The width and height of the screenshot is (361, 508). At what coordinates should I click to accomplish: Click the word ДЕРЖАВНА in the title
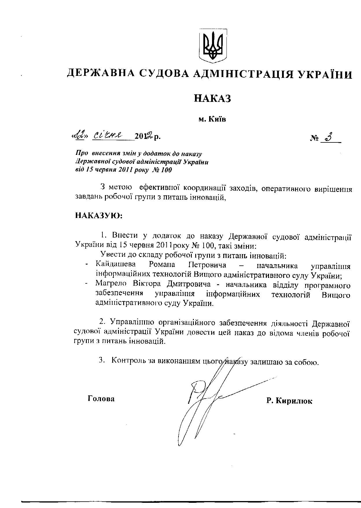pos(100,74)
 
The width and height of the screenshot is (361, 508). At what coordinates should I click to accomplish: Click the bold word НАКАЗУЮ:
pos(99,216)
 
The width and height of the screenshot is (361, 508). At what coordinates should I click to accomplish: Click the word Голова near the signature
pos(101,399)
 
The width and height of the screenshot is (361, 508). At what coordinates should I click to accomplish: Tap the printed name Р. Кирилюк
pos(289,401)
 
